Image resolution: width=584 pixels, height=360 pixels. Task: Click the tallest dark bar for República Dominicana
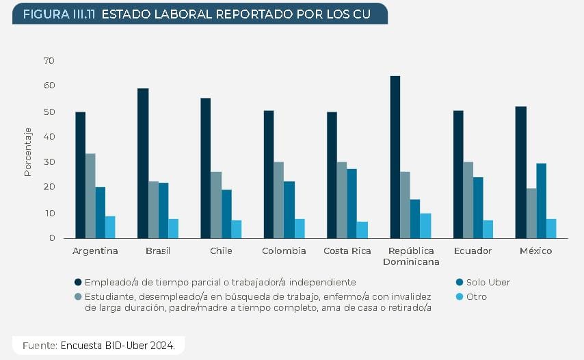(x=395, y=157)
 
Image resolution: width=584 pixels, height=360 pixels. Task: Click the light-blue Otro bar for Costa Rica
(x=362, y=229)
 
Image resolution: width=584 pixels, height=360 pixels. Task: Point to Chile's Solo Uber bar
(x=226, y=214)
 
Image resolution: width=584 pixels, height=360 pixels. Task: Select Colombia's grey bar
(x=279, y=200)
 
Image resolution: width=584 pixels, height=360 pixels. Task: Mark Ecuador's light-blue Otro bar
(x=488, y=229)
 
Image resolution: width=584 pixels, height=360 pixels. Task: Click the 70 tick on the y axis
(x=49, y=61)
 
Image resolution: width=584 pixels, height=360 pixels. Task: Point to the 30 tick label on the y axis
(x=49, y=162)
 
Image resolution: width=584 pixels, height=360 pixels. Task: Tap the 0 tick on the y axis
(x=51, y=238)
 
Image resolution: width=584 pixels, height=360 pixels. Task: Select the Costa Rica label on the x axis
(x=347, y=251)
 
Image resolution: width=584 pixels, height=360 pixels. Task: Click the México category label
(x=535, y=251)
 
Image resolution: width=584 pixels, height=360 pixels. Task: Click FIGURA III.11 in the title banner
(x=59, y=14)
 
